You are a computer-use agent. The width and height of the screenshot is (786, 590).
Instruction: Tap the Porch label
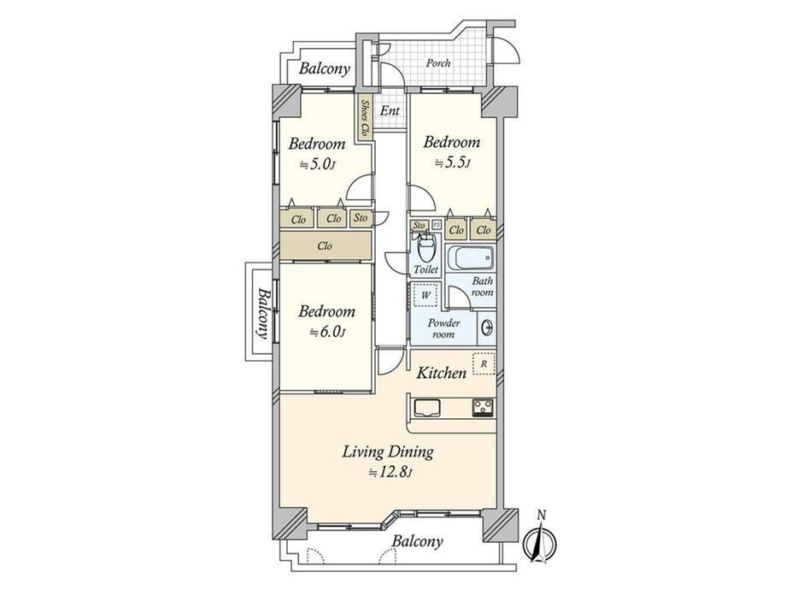click(438, 63)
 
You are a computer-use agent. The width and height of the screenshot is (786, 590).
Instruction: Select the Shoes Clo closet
click(365, 117)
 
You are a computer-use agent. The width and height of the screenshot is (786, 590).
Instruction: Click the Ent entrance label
click(390, 110)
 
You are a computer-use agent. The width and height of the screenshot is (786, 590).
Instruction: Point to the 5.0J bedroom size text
click(317, 164)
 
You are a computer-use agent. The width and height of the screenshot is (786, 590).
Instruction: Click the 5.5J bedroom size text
click(452, 162)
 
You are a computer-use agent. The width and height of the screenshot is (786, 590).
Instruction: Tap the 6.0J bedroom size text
click(328, 332)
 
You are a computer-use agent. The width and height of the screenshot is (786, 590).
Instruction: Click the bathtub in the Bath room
click(470, 259)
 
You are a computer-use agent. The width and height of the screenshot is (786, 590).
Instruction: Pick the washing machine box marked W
click(425, 294)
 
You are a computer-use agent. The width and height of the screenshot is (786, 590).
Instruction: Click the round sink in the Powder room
click(486, 327)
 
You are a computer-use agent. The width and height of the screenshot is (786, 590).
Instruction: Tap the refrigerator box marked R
click(484, 364)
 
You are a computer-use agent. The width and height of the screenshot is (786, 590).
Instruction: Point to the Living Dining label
click(388, 452)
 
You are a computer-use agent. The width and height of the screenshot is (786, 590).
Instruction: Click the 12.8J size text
click(390, 472)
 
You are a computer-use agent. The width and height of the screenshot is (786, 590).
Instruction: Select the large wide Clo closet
click(326, 246)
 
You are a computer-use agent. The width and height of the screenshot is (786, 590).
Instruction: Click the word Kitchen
click(442, 373)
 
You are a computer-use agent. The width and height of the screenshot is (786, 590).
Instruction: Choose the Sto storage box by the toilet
click(419, 225)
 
